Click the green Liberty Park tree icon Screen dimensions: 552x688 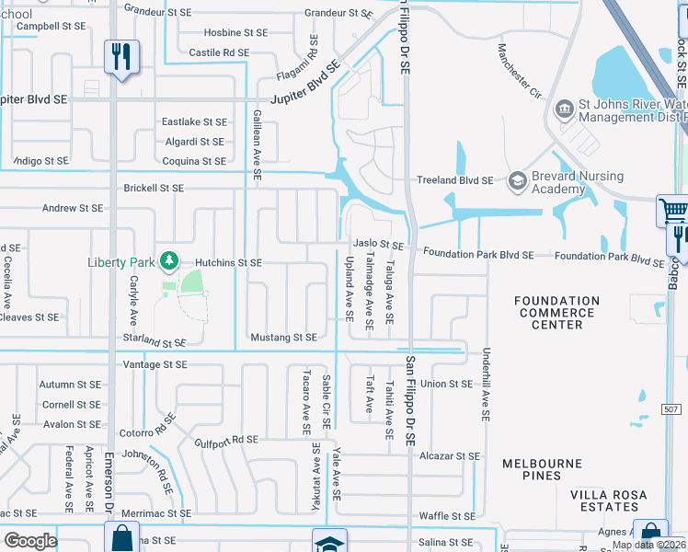[168, 262]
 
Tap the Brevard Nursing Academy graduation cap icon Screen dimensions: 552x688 [516, 181]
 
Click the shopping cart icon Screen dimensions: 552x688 [673, 211]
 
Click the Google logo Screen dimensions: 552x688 [30, 541]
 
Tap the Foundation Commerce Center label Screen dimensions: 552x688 [556, 313]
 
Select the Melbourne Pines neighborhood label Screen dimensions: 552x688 [543, 469]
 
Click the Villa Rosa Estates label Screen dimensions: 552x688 [608, 500]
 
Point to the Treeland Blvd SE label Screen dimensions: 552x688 [455, 180]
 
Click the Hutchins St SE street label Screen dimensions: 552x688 [229, 263]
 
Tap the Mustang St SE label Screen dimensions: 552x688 [283, 338]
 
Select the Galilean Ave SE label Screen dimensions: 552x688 [257, 143]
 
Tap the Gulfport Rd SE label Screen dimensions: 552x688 [226, 441]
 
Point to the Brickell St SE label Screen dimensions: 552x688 [153, 188]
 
